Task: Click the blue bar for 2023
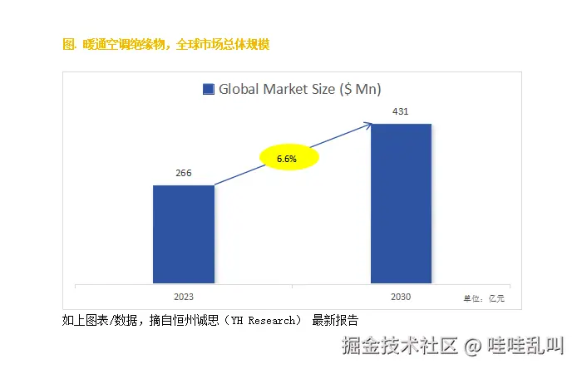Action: click(x=184, y=234)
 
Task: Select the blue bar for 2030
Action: click(x=401, y=204)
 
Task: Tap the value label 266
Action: click(x=184, y=173)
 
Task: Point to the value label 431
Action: click(x=400, y=111)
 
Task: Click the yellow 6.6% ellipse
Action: click(x=286, y=158)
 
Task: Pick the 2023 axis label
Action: click(x=184, y=296)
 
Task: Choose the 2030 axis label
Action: click(x=400, y=296)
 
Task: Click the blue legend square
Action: click(x=208, y=90)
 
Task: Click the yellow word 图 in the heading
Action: click(x=67, y=44)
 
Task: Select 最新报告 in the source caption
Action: click(x=335, y=320)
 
